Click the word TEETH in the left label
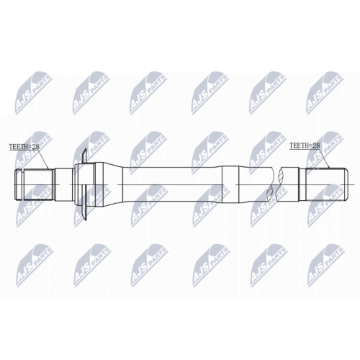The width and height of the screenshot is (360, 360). (x=17, y=148)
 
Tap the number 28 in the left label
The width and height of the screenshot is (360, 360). (x=33, y=148)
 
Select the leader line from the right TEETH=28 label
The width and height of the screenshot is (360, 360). (x=325, y=158)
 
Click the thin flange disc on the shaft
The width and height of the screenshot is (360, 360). (x=85, y=186)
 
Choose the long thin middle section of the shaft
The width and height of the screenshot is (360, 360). (x=176, y=186)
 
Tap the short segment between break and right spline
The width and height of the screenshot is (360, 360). (x=290, y=186)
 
